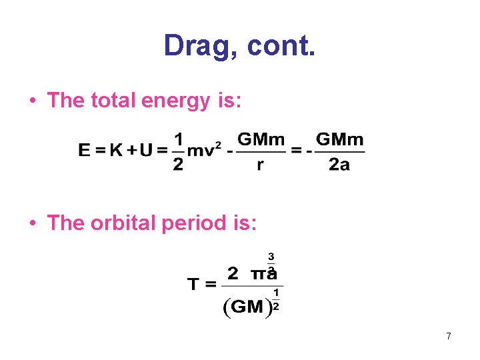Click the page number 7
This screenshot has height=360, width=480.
coord(449,336)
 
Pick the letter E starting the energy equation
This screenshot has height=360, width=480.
coord(85,150)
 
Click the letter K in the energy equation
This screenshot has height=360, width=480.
coord(116,150)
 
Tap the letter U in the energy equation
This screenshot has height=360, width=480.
coord(145,150)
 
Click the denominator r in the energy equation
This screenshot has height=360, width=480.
coord(260,165)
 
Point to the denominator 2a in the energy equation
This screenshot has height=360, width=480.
coord(339,165)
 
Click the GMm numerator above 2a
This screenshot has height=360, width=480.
coord(340,139)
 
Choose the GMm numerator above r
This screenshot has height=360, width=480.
coord(261,139)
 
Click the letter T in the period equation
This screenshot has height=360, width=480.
coord(194,285)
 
